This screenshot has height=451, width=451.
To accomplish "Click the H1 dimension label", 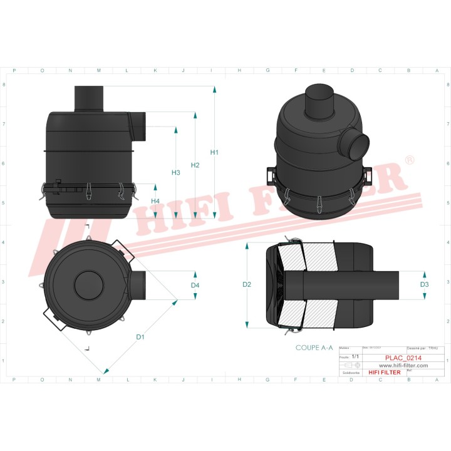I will (214, 152).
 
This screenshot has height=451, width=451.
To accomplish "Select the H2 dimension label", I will (195, 165).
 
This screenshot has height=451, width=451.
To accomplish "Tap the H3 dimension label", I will (175, 172).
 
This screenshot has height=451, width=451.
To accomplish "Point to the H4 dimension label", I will (155, 200).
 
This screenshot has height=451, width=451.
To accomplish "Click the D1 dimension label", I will (140, 337).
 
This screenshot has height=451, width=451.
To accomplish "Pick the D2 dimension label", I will (247, 284).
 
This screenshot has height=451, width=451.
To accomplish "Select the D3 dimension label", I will (424, 284).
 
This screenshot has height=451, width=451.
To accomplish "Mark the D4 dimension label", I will (195, 286).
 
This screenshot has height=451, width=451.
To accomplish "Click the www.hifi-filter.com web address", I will (402, 365).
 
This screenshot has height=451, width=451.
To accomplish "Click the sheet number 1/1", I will (355, 356).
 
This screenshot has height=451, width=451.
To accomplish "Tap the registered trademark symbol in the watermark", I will (410, 161).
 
